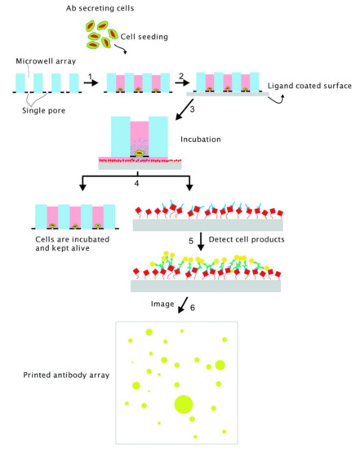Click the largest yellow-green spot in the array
click(x=182, y=403)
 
